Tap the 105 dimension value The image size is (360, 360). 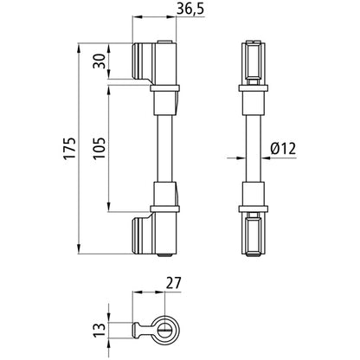point(100,144)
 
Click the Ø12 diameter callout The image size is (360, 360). point(284,149)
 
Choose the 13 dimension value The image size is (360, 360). point(101,329)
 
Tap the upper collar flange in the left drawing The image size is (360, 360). point(165,87)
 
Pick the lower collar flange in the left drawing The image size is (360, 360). point(165,209)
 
